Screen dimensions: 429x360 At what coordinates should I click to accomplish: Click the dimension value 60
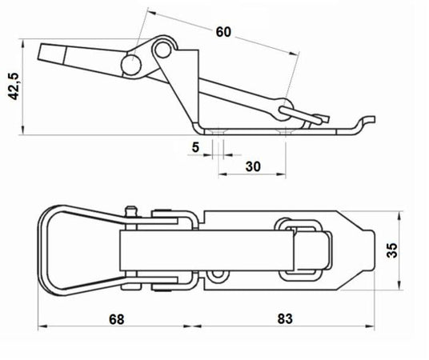[223, 32]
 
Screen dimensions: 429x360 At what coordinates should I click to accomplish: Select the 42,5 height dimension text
[13, 86]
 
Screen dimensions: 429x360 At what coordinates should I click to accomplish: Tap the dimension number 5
[195, 147]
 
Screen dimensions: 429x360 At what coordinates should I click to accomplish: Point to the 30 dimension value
[253, 166]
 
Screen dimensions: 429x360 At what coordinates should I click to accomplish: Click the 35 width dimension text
[392, 250]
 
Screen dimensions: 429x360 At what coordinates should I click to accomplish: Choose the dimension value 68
[117, 319]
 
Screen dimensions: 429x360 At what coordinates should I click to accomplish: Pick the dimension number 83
[285, 318]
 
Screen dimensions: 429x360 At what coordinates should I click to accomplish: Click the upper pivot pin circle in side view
[163, 50]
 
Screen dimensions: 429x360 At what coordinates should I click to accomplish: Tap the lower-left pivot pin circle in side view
[131, 66]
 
